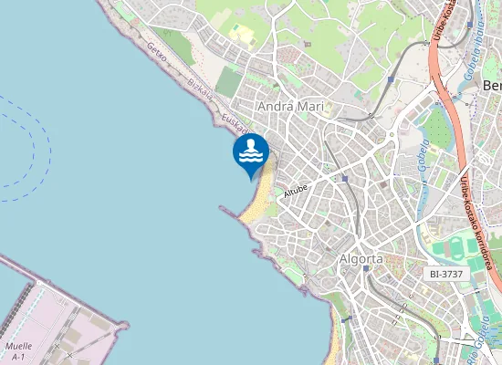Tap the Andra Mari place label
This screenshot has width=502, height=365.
pyautogui.click(x=291, y=107)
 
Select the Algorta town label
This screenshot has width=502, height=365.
pyautogui.click(x=361, y=259)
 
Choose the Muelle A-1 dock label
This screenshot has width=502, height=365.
pyautogui.click(x=18, y=351)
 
